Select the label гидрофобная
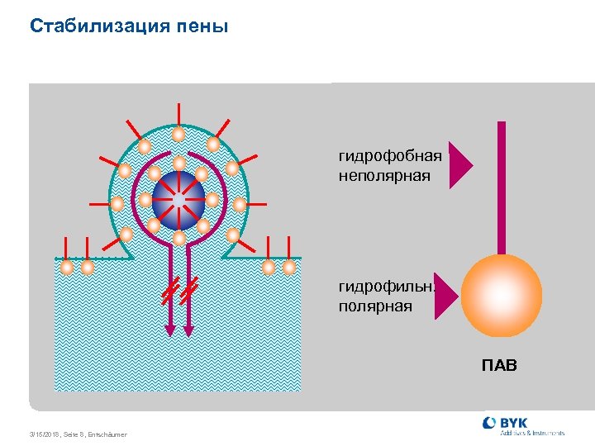click(390, 155)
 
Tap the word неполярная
click(384, 175)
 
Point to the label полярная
click(375, 306)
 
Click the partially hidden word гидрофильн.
click(385, 287)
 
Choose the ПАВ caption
click(499, 364)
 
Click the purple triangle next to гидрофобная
click(460, 165)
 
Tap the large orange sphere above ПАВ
click(501, 295)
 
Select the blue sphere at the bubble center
click(178, 201)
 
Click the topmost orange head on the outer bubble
click(178, 134)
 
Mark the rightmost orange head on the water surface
click(289, 268)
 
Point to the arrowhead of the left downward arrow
click(169, 330)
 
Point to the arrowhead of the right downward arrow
click(188, 330)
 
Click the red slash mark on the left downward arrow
click(169, 292)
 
